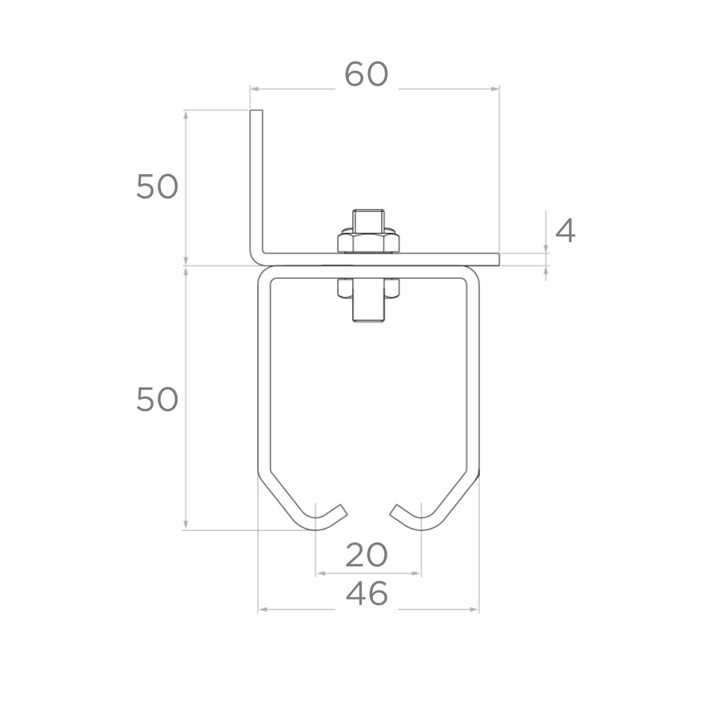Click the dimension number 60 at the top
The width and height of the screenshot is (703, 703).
(x=367, y=74)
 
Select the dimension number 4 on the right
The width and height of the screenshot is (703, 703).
(x=565, y=231)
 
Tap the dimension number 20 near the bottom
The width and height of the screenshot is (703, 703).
(x=367, y=555)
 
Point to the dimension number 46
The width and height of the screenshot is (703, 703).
(x=367, y=593)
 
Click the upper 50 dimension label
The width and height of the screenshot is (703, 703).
(x=157, y=186)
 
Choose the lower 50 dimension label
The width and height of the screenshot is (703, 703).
(x=157, y=399)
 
